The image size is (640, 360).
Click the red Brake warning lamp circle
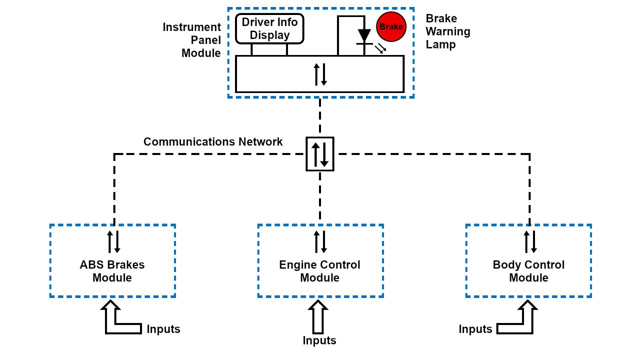click(x=390, y=27)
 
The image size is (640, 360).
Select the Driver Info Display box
click(x=269, y=28)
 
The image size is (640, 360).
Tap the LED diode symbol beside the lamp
click(x=364, y=36)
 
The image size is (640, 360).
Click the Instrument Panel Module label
click(x=192, y=40)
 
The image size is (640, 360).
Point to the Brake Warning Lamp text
click(x=448, y=31)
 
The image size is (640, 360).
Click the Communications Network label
click(x=213, y=142)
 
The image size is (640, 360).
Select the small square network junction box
click(x=320, y=154)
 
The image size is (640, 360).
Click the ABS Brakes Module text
click(x=112, y=271)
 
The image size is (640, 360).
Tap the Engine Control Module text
click(x=320, y=271)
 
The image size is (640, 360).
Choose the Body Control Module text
click(x=528, y=271)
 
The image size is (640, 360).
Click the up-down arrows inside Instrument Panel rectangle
click(x=320, y=74)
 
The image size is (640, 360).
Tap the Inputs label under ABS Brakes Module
click(x=163, y=329)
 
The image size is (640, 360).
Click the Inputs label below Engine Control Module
click(x=319, y=341)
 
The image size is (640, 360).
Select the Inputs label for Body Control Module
click(x=475, y=329)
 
